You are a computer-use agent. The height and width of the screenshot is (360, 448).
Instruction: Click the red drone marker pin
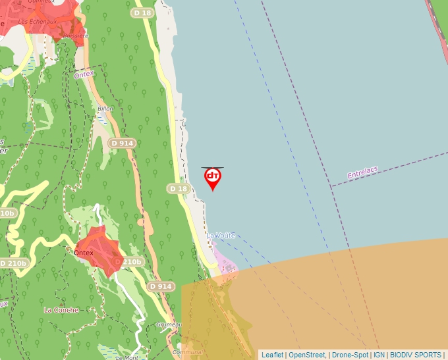[212, 178]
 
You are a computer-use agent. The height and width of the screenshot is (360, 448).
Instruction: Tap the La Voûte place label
[221, 235]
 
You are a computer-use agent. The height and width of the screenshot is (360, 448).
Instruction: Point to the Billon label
[105, 109]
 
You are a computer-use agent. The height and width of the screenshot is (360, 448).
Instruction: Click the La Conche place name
[61, 309]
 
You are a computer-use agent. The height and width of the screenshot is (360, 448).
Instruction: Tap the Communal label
[188, 352]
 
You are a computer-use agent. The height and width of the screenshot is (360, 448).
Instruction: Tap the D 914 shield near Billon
[123, 143]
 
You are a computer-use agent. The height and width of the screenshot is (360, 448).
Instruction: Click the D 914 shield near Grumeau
[161, 286]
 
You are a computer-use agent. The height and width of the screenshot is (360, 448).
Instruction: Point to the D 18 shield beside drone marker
[179, 189]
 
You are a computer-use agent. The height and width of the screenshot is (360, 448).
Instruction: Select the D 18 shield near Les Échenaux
[142, 13]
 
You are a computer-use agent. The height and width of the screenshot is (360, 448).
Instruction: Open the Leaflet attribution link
[272, 355]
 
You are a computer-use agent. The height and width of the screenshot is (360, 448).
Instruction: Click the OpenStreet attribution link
[307, 355]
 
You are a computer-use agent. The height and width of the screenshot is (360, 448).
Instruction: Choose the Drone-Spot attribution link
[350, 355]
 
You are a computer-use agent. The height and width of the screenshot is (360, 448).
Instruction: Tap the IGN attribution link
[379, 355]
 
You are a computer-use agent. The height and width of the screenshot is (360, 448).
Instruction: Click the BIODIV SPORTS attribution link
[416, 355]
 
